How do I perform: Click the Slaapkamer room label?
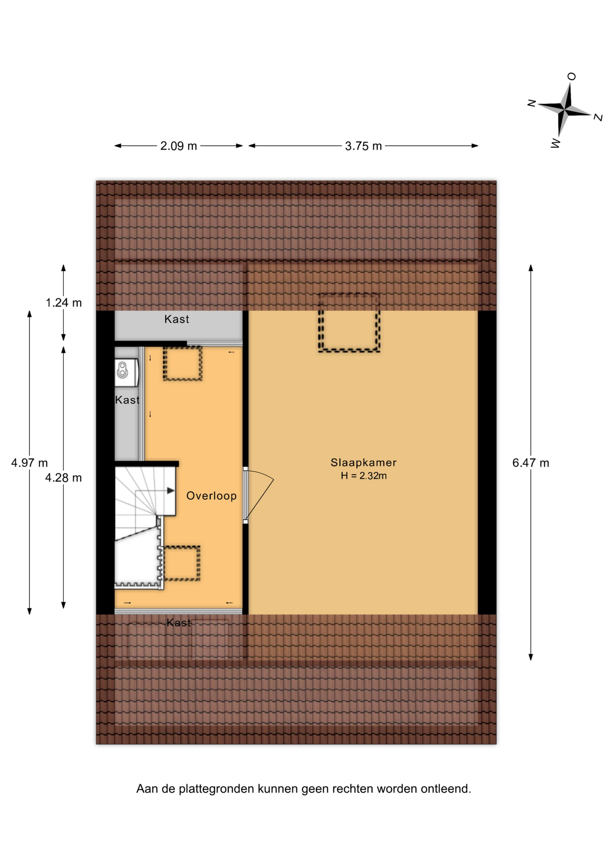point(363,462)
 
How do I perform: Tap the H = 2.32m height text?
point(364,476)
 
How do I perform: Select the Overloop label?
point(212,496)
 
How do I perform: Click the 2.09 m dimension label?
point(179,146)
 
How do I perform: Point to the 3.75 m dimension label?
point(363,146)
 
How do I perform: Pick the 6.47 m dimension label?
point(531,463)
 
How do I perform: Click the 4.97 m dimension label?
point(29,463)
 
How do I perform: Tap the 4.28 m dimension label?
point(63,478)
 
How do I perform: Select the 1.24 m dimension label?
point(64,303)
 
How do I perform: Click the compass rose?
point(565,109)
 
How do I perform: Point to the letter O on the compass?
point(571,76)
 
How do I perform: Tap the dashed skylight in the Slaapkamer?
point(349,323)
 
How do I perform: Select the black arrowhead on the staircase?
point(170,491)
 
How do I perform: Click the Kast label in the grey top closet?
point(177,319)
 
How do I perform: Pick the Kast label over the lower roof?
point(179,623)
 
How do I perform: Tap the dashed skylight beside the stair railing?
point(181,563)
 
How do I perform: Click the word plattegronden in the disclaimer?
point(217,789)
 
